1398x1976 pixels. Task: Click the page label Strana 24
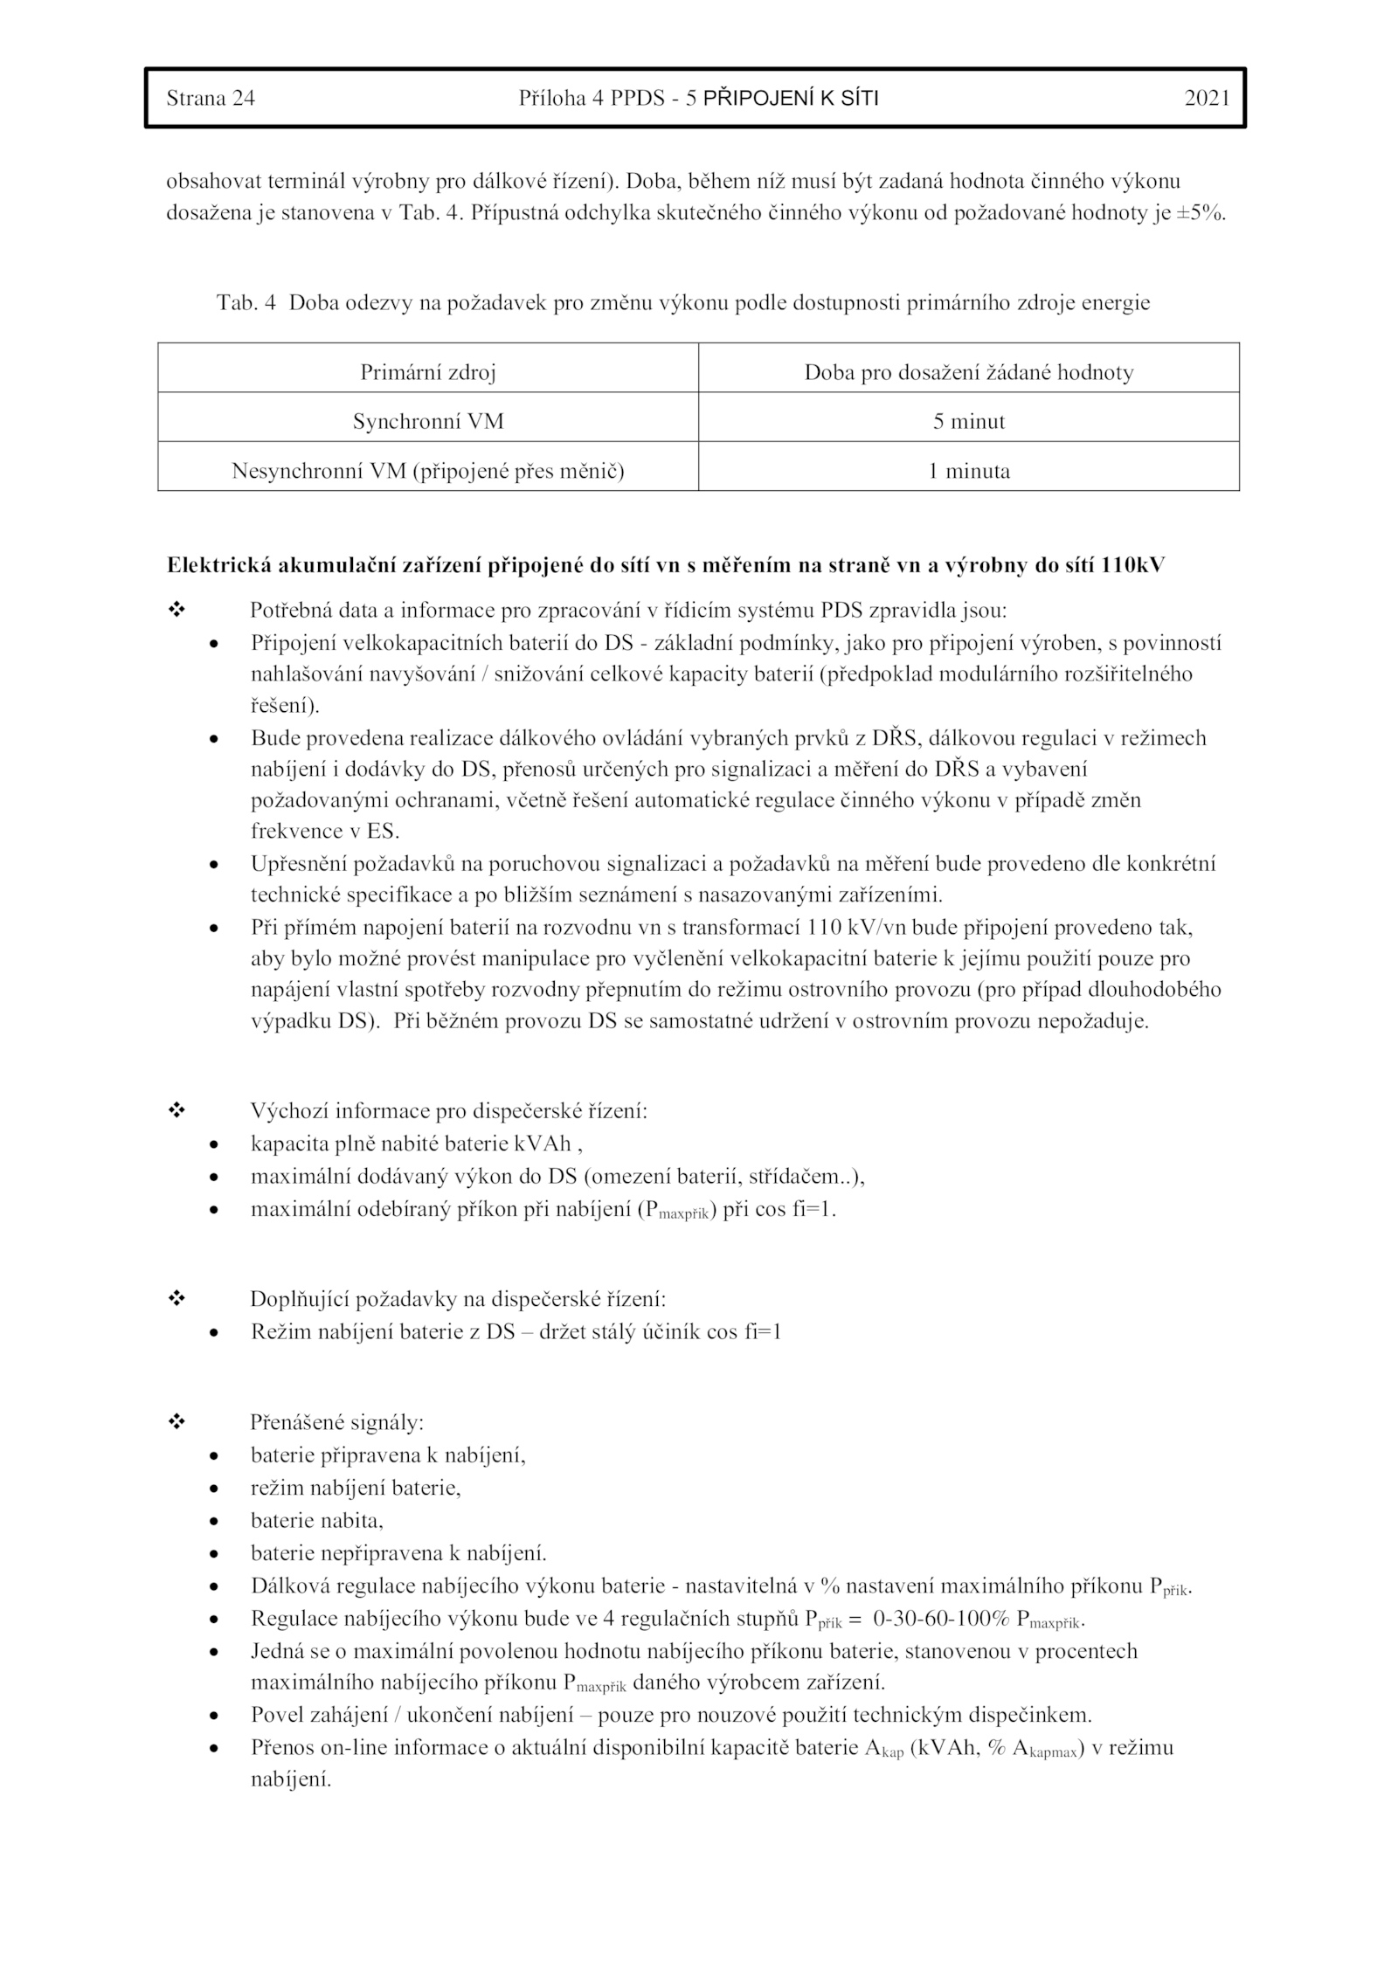[x=211, y=99]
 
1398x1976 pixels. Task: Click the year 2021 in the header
[x=1207, y=99]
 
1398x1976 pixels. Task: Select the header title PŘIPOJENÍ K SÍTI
[x=791, y=99]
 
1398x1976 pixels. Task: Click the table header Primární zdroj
[x=428, y=373]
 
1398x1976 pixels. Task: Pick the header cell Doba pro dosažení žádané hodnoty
[x=969, y=373]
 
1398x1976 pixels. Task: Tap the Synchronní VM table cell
[x=428, y=422]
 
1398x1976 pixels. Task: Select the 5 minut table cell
[x=969, y=422]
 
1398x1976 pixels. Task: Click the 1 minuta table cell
[x=969, y=472]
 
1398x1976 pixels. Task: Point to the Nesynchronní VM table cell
[x=428, y=472]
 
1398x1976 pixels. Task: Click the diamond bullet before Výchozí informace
[x=176, y=1111]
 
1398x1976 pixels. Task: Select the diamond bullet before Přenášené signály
[x=176, y=1422]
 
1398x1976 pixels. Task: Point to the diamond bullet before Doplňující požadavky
[x=176, y=1299]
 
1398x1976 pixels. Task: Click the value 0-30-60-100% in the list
[x=941, y=1619]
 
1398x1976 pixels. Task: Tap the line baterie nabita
[x=317, y=1521]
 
